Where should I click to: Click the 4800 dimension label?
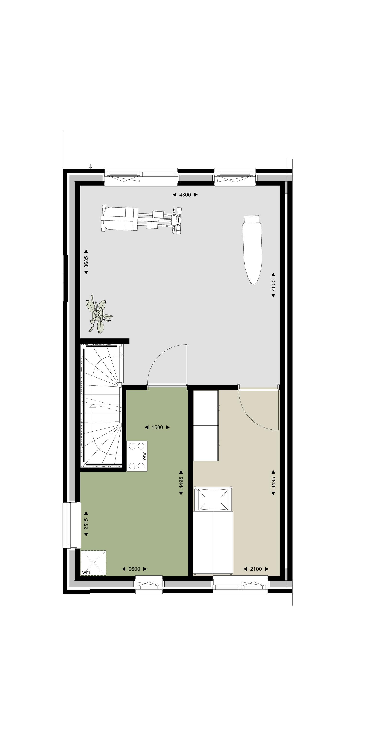point(185,195)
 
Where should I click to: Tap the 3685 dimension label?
point(86,262)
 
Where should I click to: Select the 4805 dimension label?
point(273,285)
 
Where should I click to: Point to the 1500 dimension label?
point(157,427)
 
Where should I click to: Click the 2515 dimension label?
point(86,524)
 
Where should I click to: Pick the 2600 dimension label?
point(134,569)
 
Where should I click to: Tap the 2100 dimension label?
point(256,569)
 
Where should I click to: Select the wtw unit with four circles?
point(137,456)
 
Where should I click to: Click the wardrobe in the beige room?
point(206,426)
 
